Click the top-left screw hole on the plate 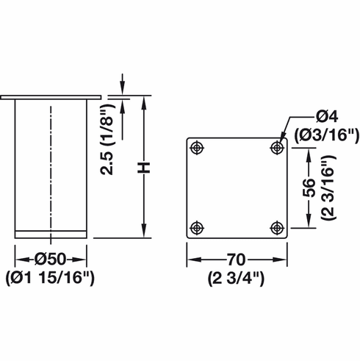(x=196, y=148)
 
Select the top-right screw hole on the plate (x=276, y=148)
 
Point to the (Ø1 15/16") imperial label (x=51, y=278)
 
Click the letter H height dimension (x=146, y=168)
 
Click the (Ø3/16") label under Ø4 (x=325, y=135)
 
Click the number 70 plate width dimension (x=236, y=260)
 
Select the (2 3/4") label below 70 (x=236, y=278)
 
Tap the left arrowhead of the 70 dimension (x=190, y=260)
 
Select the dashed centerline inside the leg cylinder (x=51, y=169)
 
